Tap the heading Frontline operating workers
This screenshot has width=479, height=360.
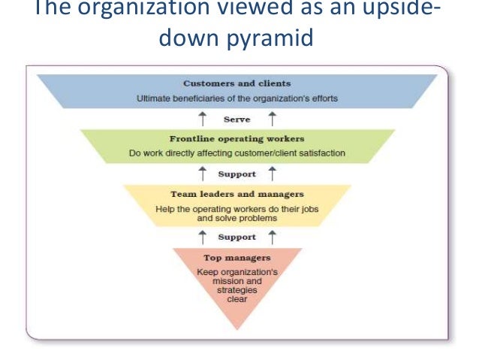click(236, 138)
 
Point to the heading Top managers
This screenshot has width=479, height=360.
click(236, 257)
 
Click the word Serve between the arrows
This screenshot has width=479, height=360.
click(236, 119)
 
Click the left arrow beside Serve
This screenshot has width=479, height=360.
click(201, 119)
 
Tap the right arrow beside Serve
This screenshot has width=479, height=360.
click(271, 119)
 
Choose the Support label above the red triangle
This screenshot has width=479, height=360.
click(236, 237)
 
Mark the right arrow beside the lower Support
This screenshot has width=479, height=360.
click(271, 237)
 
